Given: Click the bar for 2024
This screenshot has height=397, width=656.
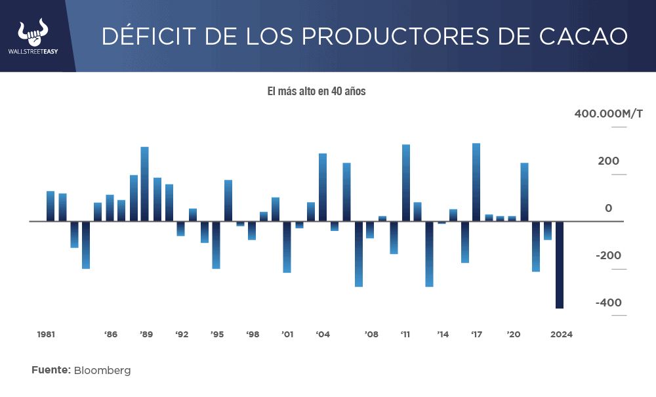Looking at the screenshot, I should point(560,264).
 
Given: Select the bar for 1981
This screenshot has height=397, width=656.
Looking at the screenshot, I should point(51,206).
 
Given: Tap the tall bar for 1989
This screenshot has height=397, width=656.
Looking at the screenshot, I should point(145,184).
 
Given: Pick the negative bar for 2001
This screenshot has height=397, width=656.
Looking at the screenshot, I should point(287,247).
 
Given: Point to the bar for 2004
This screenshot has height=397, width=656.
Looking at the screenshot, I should point(323,188).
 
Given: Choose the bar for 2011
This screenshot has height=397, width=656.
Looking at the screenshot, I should point(406,183).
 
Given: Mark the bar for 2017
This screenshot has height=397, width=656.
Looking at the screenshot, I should point(476,182).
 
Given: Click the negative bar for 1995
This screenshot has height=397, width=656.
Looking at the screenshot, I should point(216,245).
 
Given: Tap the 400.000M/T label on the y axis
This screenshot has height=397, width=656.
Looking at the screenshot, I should point(609,114).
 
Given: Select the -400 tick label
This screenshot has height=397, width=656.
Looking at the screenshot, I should point(608,303).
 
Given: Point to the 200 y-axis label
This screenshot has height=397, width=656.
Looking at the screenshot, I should point(608,161).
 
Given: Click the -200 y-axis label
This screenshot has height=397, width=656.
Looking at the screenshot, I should point(608,256).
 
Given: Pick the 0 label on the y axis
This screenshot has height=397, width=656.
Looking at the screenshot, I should point(608,209).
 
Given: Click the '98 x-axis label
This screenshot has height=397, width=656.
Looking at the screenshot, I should point(253,335).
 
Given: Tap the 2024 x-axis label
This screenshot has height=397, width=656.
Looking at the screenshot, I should point(562,335).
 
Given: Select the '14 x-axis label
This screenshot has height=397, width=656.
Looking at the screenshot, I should point(443,335).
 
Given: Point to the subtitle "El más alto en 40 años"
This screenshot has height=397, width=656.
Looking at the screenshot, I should point(316,92).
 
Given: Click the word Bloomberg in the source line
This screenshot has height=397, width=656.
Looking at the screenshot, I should point(102,371).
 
